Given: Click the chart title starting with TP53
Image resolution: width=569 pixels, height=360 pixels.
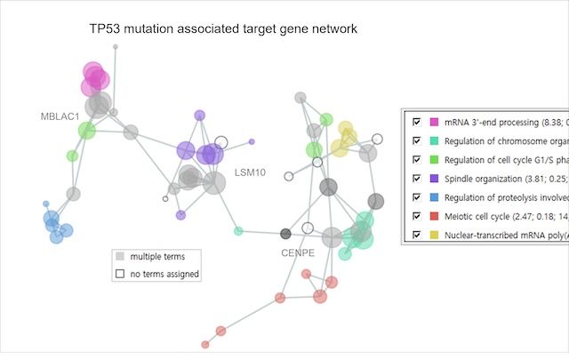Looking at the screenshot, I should coord(223,29).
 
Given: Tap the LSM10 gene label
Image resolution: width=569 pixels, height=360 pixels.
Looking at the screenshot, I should coord(250,171).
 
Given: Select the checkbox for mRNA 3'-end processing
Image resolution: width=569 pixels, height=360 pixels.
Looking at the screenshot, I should coord(414,120).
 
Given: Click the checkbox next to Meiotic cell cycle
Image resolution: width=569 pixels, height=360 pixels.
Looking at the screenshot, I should coord(414,215).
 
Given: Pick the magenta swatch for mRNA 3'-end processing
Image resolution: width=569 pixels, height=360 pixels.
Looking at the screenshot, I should coord(434,120).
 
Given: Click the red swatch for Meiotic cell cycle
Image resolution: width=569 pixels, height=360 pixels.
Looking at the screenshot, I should coord(434,215).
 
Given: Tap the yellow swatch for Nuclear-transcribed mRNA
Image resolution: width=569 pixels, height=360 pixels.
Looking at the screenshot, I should coord(434,235).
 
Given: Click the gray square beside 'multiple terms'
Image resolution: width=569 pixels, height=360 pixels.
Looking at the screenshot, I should coord(119,256).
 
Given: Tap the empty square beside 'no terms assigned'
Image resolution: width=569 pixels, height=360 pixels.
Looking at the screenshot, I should coord(119,274).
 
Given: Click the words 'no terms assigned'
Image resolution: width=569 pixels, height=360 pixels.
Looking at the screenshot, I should coord(164,274).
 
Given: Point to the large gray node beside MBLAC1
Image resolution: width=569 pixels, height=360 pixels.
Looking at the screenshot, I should coord(99,104).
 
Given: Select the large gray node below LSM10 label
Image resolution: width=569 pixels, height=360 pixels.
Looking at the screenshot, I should coord(213,183).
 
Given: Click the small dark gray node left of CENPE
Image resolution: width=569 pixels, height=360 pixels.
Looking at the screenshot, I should coord(285,234).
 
